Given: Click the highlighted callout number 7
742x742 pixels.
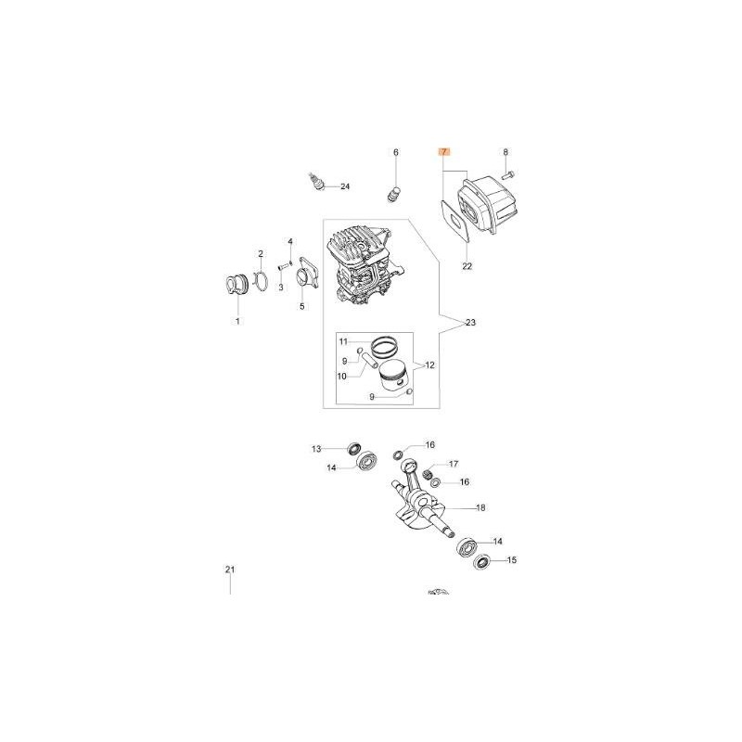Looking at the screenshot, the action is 443,152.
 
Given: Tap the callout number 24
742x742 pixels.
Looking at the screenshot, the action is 345,186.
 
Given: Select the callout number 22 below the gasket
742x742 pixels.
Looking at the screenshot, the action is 467,266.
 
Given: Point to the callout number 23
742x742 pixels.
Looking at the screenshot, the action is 470,323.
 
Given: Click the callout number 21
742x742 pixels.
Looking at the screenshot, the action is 230,569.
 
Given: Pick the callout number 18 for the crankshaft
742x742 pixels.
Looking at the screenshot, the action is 480,507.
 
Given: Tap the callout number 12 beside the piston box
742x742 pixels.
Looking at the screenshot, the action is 429,365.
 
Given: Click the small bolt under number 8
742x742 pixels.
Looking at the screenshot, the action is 507,175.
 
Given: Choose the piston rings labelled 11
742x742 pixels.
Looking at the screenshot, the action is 384,348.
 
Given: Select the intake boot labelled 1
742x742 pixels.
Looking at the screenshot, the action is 237,288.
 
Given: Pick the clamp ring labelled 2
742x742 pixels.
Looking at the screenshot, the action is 261,283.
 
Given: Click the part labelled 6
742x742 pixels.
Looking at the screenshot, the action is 393,195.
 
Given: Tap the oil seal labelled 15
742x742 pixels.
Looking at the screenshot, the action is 482,562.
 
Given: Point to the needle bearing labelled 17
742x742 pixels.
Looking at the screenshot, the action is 429,473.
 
